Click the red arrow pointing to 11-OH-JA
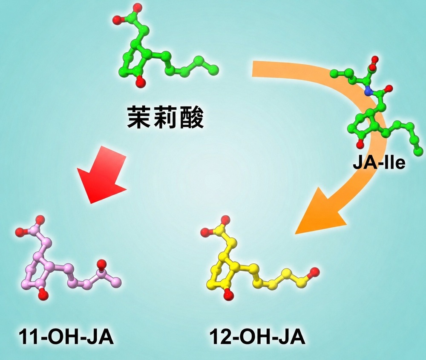point(104,174)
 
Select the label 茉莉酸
point(165,117)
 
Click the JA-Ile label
point(379,163)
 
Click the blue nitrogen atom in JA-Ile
point(368,92)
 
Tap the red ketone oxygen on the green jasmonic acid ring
point(140,82)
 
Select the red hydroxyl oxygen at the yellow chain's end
point(314,272)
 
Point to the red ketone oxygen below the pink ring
point(43,294)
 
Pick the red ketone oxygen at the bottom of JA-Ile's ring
point(360,144)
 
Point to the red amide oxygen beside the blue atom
point(389,88)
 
